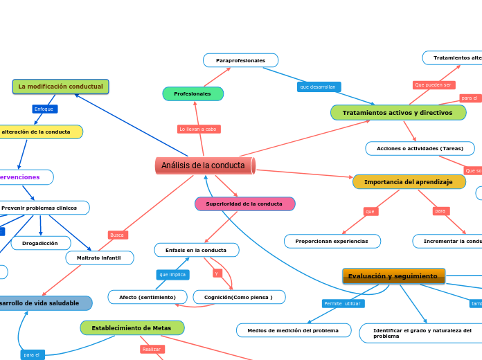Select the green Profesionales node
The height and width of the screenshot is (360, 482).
pyautogui.click(x=193, y=93)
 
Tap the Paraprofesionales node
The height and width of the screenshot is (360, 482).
pyautogui.click(x=240, y=61)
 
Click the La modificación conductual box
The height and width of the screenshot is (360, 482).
pyautogui.click(x=60, y=87)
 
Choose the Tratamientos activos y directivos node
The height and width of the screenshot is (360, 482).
pyautogui.click(x=398, y=112)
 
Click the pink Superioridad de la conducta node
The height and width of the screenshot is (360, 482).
pyautogui.click(x=244, y=204)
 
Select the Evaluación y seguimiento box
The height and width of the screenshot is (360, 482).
pyautogui.click(x=393, y=276)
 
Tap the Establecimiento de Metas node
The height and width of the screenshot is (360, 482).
pyautogui.click(x=132, y=327)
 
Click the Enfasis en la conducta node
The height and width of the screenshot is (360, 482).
pyautogui.click(x=197, y=250)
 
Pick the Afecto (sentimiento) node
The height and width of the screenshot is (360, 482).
pyautogui.click(x=148, y=297)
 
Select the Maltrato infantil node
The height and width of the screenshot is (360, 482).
pyautogui.click(x=100, y=258)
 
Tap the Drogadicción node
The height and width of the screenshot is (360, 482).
pyautogui.click(x=40, y=243)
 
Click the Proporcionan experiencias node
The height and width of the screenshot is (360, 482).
pyautogui.click(x=332, y=241)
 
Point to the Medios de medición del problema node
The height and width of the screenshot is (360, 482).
pyautogui.click(x=293, y=330)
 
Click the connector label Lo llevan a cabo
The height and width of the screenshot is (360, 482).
pyautogui.click(x=198, y=129)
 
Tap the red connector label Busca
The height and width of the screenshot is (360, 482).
pyautogui.click(x=117, y=235)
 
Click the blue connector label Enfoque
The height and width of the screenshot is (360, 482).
pyautogui.click(x=44, y=109)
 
